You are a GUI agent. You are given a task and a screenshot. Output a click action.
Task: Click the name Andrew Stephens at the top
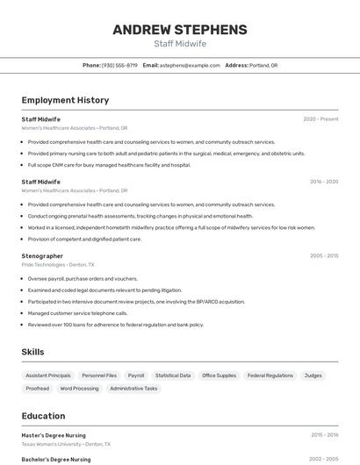[x=180, y=29]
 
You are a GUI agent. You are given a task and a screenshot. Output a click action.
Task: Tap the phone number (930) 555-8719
[x=119, y=65]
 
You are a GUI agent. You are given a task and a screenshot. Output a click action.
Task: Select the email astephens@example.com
[x=190, y=65]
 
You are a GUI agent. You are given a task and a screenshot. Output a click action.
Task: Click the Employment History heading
[x=65, y=100]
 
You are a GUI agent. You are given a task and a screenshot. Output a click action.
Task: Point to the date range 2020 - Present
[x=320, y=118]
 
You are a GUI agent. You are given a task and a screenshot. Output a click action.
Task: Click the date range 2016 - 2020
[x=323, y=182]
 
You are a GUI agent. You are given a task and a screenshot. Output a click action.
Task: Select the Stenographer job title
[x=42, y=256]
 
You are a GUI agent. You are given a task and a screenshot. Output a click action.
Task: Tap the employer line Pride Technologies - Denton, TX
[x=57, y=264]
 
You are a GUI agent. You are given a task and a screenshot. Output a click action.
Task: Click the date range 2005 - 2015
[x=323, y=256]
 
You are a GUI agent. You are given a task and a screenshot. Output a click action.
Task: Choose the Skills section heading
[x=33, y=352]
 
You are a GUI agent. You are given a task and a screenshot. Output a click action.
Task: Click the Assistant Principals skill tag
[x=48, y=376]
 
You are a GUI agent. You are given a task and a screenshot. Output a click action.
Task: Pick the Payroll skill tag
[x=135, y=376]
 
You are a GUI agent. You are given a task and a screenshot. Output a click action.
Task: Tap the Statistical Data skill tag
[x=173, y=376]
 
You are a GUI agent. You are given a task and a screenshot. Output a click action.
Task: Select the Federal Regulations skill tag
[x=270, y=376]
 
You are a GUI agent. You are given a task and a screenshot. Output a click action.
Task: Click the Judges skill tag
[x=313, y=376]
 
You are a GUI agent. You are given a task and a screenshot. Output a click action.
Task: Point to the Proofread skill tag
[x=38, y=388]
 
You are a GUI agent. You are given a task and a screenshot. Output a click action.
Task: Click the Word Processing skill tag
[x=80, y=388]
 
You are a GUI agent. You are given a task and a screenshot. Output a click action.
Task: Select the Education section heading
[x=43, y=416]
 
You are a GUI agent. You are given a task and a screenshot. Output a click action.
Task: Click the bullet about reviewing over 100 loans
[x=115, y=325]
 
